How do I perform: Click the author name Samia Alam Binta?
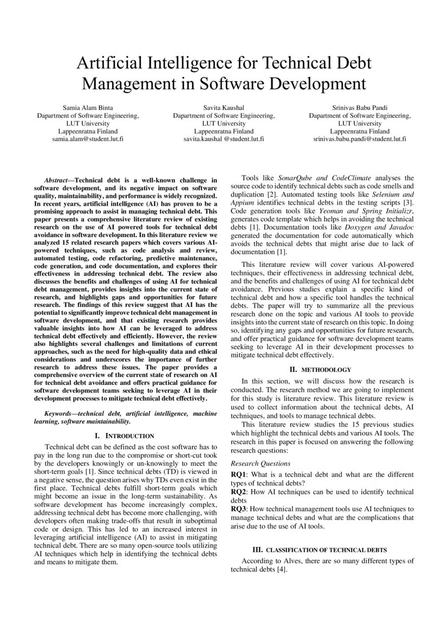coord(88,107)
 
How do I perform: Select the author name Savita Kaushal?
coord(224,107)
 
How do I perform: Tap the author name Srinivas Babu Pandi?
coord(360,107)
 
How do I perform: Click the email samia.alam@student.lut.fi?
coord(88,139)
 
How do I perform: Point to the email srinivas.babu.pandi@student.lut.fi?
coord(360,139)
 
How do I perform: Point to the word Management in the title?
coord(126,84)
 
